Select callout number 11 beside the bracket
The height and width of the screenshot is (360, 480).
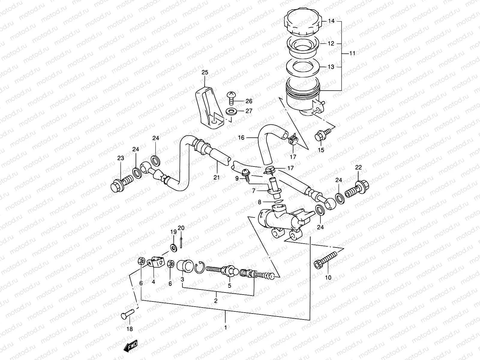coord(352,53)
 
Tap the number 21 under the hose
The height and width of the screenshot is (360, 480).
coord(217,178)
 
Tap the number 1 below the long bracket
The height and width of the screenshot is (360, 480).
coord(226,328)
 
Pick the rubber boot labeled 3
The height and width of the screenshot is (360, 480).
coord(185,266)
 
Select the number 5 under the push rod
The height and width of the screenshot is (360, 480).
coord(229,286)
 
